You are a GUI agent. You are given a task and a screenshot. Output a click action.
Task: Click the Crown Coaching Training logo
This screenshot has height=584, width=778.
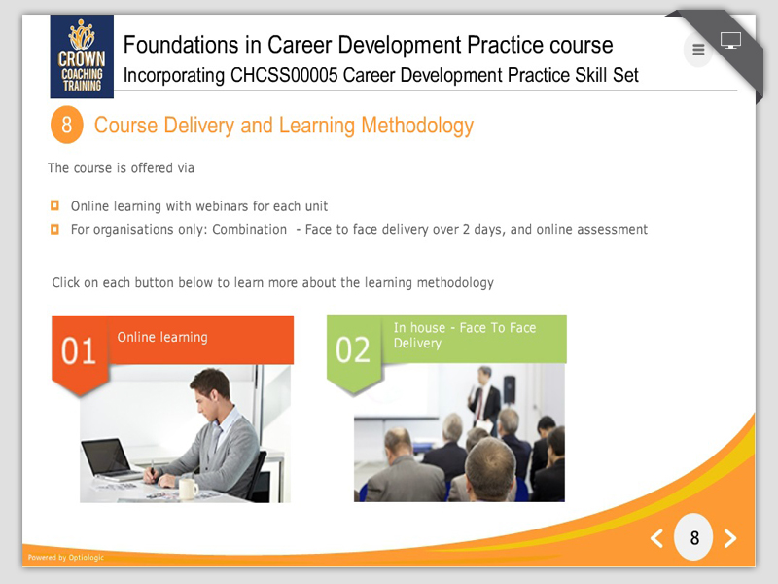point(82,56)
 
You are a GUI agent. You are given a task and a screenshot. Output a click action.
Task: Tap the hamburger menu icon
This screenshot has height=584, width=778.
point(698,50)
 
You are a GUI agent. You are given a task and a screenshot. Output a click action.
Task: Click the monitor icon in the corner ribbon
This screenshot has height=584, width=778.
point(730,40)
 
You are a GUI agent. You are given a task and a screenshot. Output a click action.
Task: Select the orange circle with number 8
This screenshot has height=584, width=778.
point(66,125)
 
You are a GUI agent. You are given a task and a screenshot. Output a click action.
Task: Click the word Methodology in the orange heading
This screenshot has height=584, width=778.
point(417,126)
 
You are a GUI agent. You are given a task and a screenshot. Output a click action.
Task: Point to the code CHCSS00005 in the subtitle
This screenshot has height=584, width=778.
point(284,75)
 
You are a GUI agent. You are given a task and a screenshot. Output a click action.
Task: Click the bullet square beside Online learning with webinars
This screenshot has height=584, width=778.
point(54,205)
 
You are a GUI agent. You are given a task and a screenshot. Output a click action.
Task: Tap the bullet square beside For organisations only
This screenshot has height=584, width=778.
point(54,229)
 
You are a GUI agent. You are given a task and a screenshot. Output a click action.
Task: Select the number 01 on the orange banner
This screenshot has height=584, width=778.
point(79,351)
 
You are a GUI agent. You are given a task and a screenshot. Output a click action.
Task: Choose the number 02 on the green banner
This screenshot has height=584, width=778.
point(353,350)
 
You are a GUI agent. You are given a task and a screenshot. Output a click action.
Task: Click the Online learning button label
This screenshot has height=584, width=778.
point(162,337)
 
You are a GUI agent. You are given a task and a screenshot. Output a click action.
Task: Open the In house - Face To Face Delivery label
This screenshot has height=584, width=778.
point(465,335)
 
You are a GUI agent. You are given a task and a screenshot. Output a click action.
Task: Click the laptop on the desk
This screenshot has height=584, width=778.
point(112,459)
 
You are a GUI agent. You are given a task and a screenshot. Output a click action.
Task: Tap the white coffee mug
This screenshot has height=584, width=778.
point(189,489)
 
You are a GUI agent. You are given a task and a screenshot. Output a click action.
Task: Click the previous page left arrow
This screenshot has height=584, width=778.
point(657,538)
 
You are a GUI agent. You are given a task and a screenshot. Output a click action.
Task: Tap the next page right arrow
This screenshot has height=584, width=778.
point(730,538)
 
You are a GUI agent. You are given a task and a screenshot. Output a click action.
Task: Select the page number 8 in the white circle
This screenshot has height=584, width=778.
point(694,538)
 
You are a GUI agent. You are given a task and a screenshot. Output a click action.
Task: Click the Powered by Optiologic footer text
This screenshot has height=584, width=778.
point(66,557)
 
